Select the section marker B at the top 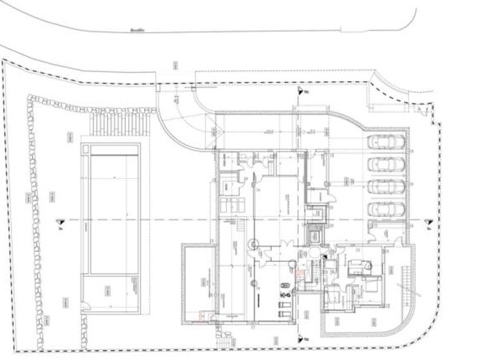click(x=299, y=90)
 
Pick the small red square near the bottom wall click(x=201, y=314)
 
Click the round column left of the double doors click(x=251, y=244)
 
